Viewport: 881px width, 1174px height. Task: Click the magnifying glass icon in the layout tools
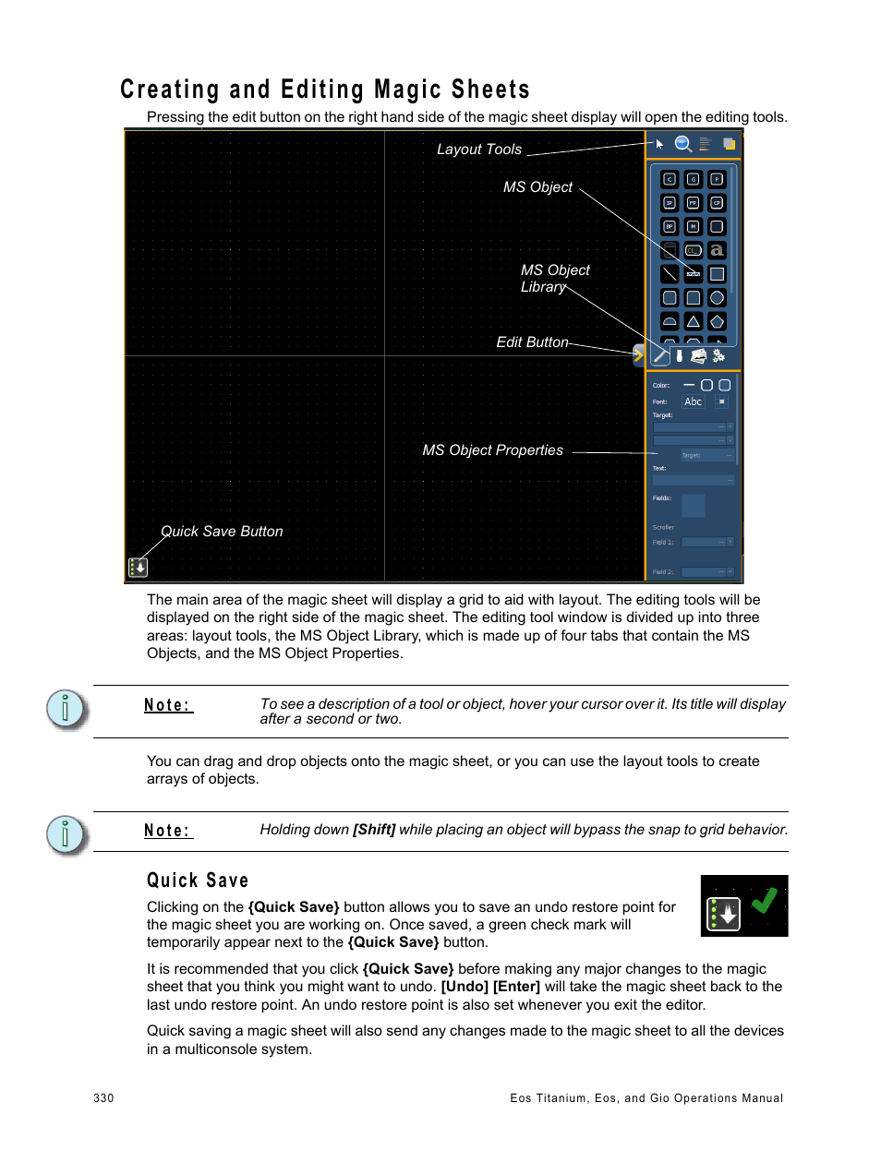pyautogui.click(x=682, y=144)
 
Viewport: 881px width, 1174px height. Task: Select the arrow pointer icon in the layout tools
pyautogui.click(x=659, y=144)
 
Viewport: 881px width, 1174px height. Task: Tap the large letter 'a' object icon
pyautogui.click(x=717, y=250)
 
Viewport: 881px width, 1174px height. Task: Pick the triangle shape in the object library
pyautogui.click(x=693, y=321)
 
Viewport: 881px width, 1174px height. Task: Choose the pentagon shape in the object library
pyautogui.click(x=717, y=321)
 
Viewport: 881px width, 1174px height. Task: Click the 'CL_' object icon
pyautogui.click(x=693, y=250)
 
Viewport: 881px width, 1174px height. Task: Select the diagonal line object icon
pyautogui.click(x=670, y=274)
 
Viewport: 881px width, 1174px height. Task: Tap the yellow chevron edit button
pyautogui.click(x=637, y=354)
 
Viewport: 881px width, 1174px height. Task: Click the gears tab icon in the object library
pyautogui.click(x=718, y=355)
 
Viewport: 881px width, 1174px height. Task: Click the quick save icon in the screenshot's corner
pyautogui.click(x=138, y=568)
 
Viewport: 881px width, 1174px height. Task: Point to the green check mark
pyautogui.click(x=764, y=901)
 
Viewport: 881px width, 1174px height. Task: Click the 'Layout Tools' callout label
pyautogui.click(x=478, y=150)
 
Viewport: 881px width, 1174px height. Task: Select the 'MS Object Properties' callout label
pyautogui.click(x=492, y=450)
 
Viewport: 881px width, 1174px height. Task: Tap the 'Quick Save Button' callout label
pyautogui.click(x=222, y=532)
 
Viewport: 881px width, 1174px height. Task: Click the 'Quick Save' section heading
pyautogui.click(x=198, y=880)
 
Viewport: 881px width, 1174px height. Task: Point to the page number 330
pyautogui.click(x=103, y=1098)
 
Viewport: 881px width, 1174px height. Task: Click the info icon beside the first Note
pyautogui.click(x=65, y=709)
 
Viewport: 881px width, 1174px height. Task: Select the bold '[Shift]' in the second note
pyautogui.click(x=374, y=830)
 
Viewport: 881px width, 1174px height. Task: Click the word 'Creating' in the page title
pyautogui.click(x=170, y=90)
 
